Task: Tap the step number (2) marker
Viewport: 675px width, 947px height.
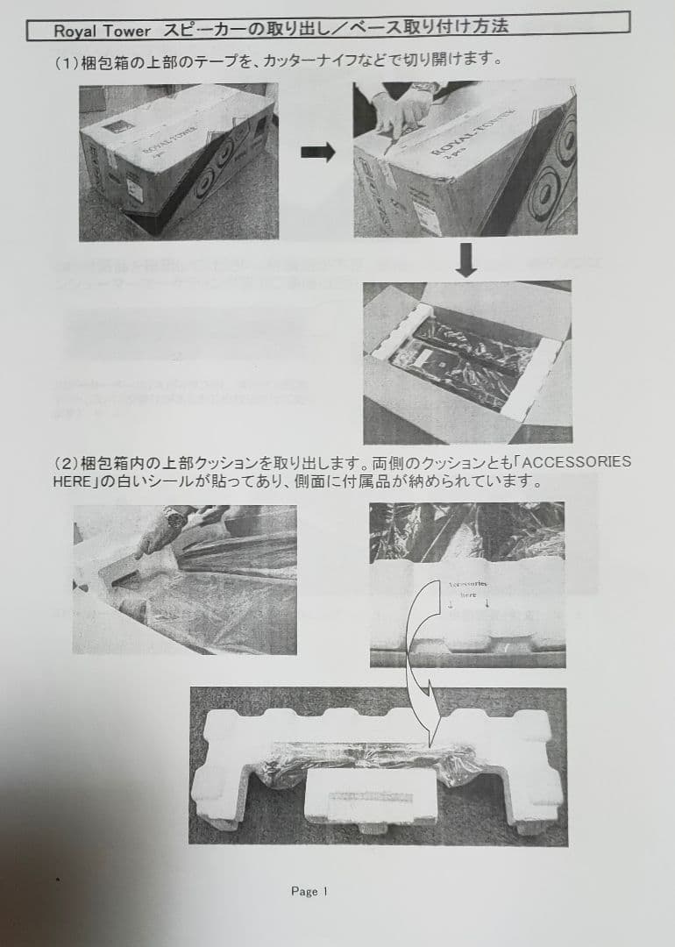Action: coord(67,462)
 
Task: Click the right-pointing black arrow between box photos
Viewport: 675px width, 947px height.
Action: coord(317,153)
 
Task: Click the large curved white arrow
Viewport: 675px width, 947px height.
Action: coord(419,666)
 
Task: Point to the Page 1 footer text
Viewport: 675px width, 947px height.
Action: coord(309,891)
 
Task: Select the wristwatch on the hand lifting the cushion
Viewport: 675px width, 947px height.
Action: coord(174,519)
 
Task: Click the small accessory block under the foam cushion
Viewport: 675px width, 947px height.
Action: coord(370,797)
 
